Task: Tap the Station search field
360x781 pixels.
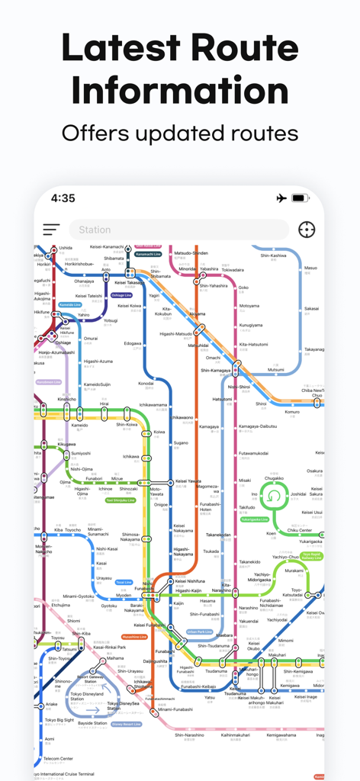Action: pyautogui.click(x=178, y=230)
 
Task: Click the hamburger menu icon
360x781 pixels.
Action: pyautogui.click(x=51, y=230)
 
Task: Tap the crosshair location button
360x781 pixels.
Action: pyautogui.click(x=307, y=230)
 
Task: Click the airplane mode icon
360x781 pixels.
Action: pyautogui.click(x=281, y=198)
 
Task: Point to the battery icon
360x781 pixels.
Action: pyautogui.click(x=300, y=198)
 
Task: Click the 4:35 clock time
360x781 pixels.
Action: pyautogui.click(x=63, y=198)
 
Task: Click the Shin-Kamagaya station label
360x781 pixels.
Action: pyautogui.click(x=216, y=370)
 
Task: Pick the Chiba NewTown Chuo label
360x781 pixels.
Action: pyautogui.click(x=313, y=393)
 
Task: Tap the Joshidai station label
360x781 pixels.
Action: pyautogui.click(x=298, y=494)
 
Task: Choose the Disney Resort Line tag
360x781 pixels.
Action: pyautogui.click(x=126, y=724)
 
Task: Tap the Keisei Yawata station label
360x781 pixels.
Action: pyautogui.click(x=188, y=481)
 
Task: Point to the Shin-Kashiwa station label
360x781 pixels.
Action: pyautogui.click(x=273, y=256)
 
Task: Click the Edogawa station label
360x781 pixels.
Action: pyautogui.click(x=133, y=343)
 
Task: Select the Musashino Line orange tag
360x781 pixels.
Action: pyautogui.click(x=134, y=636)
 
